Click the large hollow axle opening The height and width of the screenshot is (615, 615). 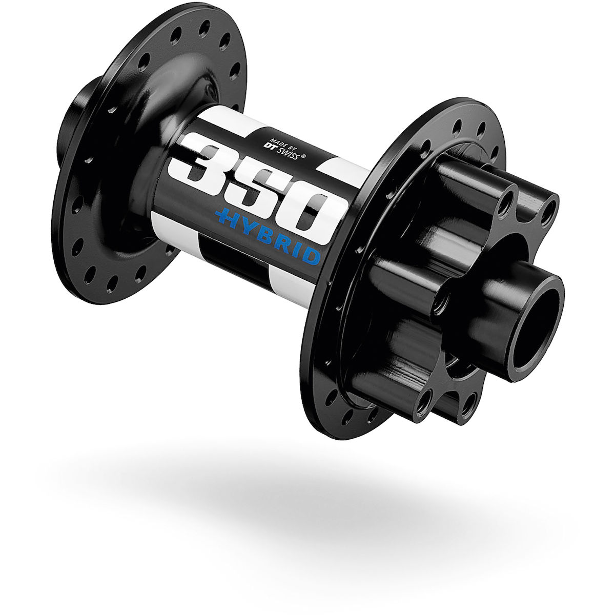[536, 329]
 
